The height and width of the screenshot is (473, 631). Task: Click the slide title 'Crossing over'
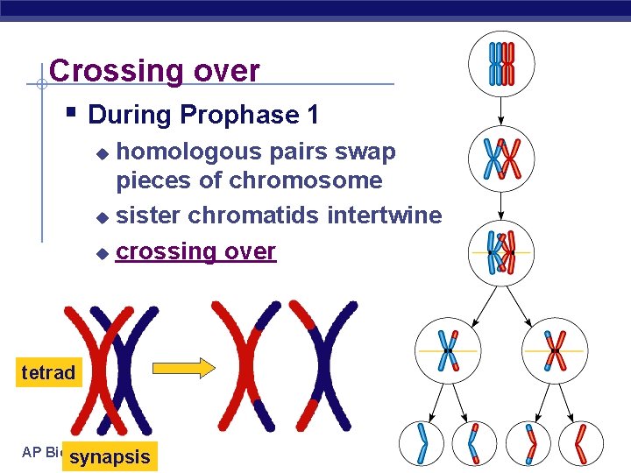[x=154, y=71]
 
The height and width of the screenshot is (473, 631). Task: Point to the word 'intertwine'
[x=385, y=215]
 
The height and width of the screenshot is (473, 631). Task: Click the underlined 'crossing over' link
[x=196, y=252]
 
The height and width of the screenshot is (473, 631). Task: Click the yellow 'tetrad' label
[x=48, y=373]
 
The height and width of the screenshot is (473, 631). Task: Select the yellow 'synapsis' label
[x=110, y=456]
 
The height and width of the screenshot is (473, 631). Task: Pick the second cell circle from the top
[x=500, y=159]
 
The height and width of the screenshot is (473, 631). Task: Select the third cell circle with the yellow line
[x=500, y=252]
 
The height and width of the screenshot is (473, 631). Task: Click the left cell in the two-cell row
[x=447, y=349]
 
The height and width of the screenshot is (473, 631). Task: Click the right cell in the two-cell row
[x=555, y=349]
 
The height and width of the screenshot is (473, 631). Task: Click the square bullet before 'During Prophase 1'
[x=72, y=113]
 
